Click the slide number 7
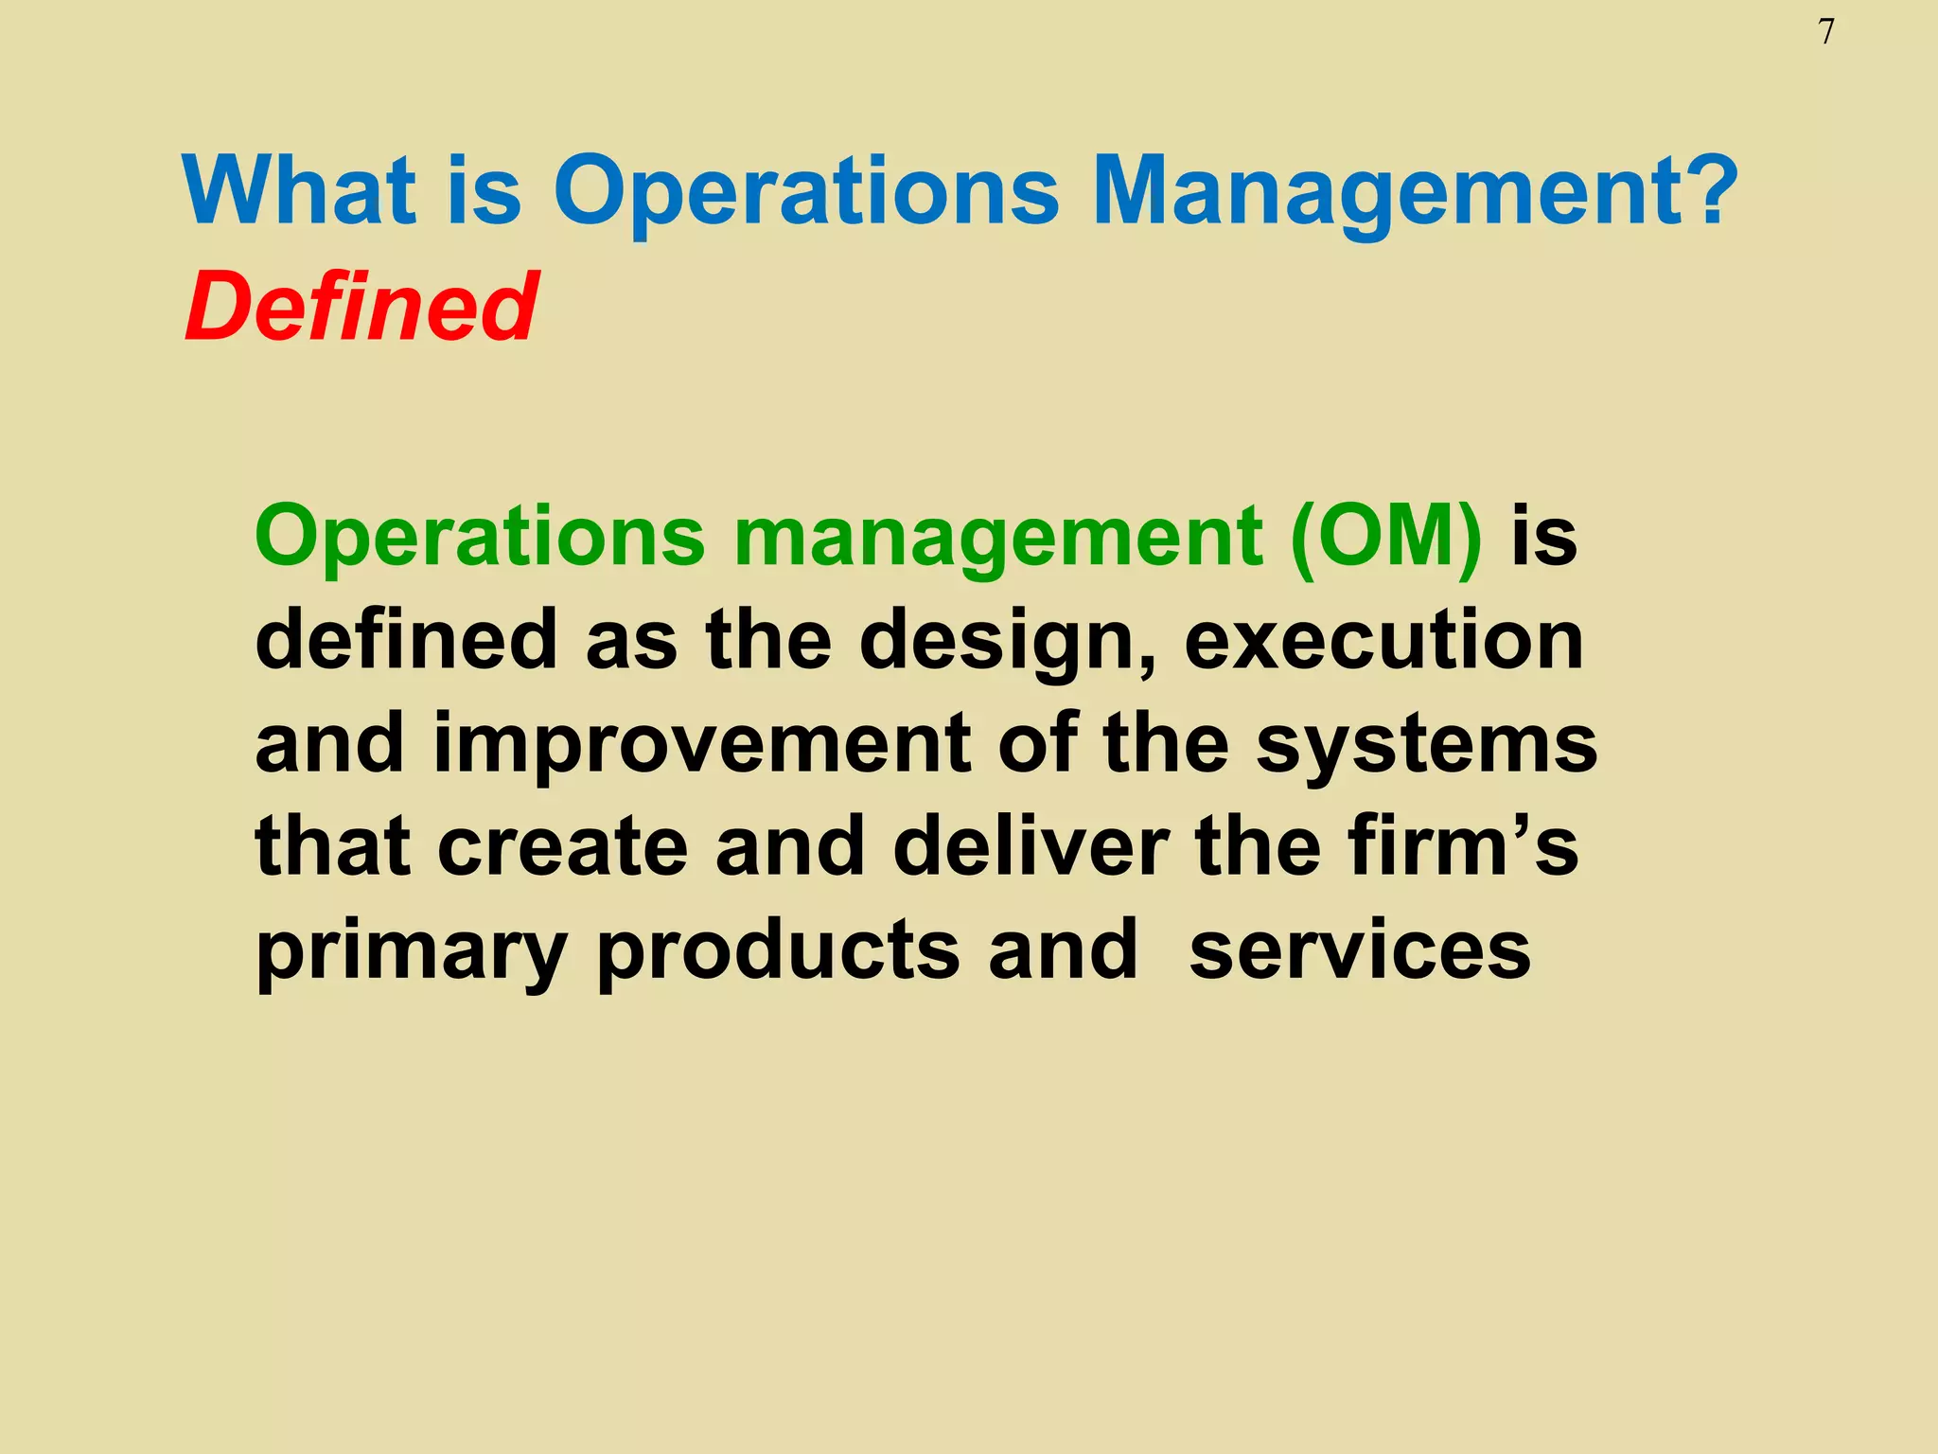click(1826, 33)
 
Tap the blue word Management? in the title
click(1414, 193)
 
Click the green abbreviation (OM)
click(1385, 537)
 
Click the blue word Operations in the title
click(805, 193)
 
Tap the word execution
click(1383, 641)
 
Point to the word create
click(562, 845)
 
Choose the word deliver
click(1031, 845)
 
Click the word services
click(1359, 949)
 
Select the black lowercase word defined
click(406, 641)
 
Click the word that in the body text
click(332, 845)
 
